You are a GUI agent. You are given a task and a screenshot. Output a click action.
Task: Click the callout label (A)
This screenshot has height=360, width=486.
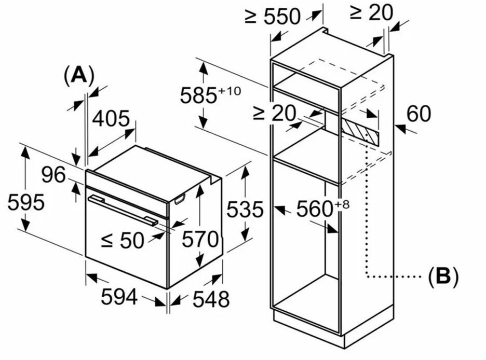(78, 76)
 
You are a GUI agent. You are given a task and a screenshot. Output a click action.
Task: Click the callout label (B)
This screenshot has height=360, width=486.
(442, 276)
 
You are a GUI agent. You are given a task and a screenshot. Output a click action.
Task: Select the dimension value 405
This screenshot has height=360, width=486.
(111, 119)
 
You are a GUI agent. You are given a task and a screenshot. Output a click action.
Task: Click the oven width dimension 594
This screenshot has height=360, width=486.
(119, 297)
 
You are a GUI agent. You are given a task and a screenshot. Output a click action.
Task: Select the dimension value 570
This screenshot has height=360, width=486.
(200, 239)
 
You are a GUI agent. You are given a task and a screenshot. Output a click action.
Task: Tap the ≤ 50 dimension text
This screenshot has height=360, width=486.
(122, 240)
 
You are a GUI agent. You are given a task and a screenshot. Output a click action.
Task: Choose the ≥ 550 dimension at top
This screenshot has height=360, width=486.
(273, 17)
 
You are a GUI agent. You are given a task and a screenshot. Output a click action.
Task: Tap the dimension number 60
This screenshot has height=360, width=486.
(419, 114)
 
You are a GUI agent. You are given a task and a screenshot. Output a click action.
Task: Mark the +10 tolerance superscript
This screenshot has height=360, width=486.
(229, 91)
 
